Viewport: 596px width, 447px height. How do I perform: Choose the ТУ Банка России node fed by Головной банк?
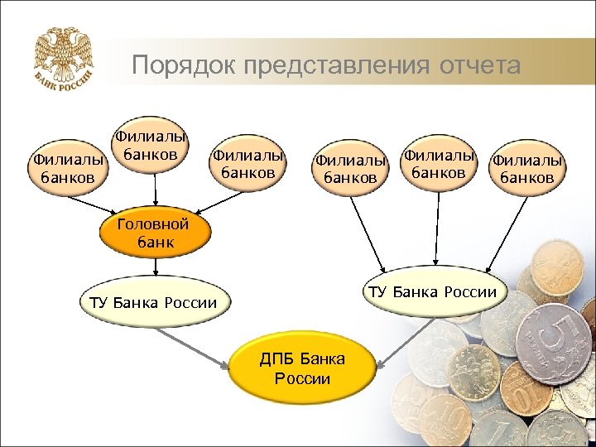point(153,302)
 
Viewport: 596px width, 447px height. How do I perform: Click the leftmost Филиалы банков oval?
point(68,166)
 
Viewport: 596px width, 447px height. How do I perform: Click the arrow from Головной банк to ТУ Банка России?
point(155,267)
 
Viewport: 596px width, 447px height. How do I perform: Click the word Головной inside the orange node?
point(152,224)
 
